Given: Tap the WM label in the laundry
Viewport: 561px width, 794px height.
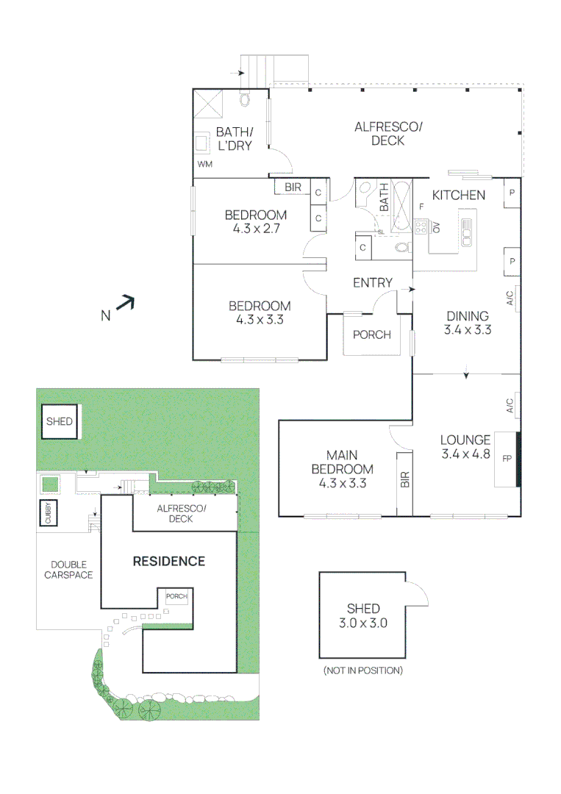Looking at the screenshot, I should tap(204, 164).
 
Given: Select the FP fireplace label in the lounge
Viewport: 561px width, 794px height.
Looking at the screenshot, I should tap(506, 459).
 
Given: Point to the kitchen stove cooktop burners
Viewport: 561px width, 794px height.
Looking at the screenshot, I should tap(421, 227).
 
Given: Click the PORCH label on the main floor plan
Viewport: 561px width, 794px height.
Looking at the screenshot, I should tap(371, 335).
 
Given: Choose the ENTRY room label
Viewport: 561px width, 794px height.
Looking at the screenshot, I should tap(372, 283).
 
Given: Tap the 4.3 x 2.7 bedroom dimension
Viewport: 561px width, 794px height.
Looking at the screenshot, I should tap(255, 228).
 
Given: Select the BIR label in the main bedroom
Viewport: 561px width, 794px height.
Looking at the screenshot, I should tap(404, 479).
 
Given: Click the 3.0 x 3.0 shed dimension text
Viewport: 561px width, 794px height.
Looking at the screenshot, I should tap(363, 622).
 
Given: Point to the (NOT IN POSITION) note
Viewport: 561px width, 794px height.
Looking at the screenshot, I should tap(362, 670).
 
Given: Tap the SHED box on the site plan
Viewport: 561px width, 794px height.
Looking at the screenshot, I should tap(59, 422).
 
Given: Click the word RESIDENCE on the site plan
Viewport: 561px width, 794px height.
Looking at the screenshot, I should tap(168, 561).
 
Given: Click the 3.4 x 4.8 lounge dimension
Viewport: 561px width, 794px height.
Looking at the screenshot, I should tap(465, 454).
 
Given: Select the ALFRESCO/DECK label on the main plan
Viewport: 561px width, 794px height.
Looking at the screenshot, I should tap(388, 134).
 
